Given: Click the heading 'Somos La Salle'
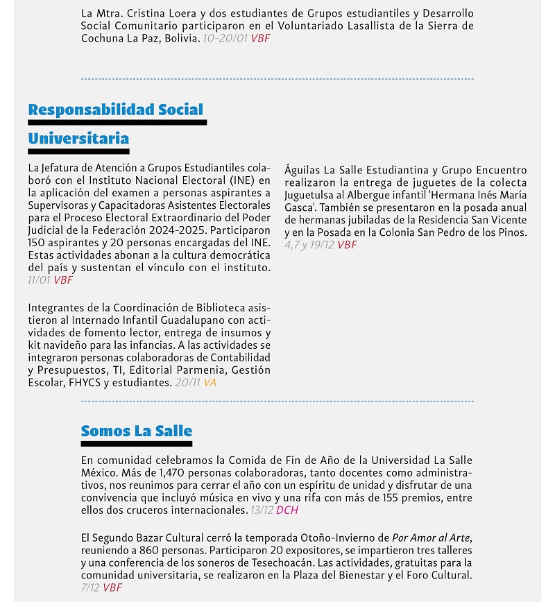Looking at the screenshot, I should point(136,431).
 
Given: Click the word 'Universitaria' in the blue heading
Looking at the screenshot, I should point(78,138).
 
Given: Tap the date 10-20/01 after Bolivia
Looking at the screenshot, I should point(225,39).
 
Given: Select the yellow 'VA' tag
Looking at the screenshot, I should point(210,382).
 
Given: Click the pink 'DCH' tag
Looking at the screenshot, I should point(287,510).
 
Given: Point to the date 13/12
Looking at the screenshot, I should point(261,510).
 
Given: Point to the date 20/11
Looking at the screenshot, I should point(187,382).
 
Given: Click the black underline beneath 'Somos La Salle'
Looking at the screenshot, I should point(136,444).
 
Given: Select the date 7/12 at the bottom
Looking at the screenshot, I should point(89,588).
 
